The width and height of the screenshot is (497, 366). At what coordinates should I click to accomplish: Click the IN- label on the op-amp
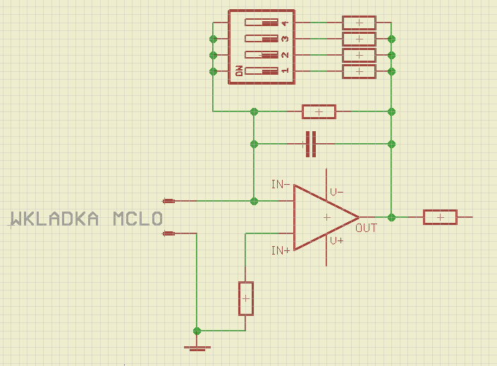[281, 185]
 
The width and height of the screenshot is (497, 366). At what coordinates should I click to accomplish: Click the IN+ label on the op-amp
[281, 250]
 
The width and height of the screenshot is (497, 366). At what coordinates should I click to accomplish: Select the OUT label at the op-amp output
[367, 228]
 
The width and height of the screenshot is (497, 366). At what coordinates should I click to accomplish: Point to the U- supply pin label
[337, 192]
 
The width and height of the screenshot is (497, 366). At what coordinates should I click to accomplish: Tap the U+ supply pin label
[337, 241]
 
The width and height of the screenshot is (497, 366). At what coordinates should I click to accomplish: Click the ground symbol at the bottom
[197, 347]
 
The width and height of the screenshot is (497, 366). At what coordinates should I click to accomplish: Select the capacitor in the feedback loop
[310, 144]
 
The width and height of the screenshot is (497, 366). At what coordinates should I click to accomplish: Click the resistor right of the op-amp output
[440, 217]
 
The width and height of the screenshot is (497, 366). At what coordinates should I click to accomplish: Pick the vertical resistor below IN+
[245, 299]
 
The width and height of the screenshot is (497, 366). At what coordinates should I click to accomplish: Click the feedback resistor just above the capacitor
[319, 111]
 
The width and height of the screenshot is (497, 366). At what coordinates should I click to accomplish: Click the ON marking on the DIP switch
[239, 71]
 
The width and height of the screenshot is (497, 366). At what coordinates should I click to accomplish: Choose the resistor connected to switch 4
[359, 23]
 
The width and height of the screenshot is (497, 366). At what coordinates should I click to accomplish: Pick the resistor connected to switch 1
[359, 71]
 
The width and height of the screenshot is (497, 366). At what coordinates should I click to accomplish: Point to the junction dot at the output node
[392, 217]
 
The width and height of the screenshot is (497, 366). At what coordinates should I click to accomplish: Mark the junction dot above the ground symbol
[197, 331]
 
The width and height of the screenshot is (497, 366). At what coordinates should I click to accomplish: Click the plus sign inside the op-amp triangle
[326, 218]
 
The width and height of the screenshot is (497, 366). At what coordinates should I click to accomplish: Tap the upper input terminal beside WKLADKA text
[168, 201]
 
